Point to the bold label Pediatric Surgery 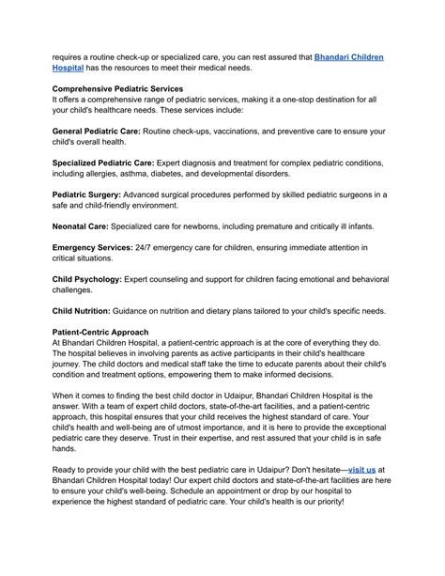[x=91, y=195]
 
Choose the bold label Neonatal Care [x=81, y=226]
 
